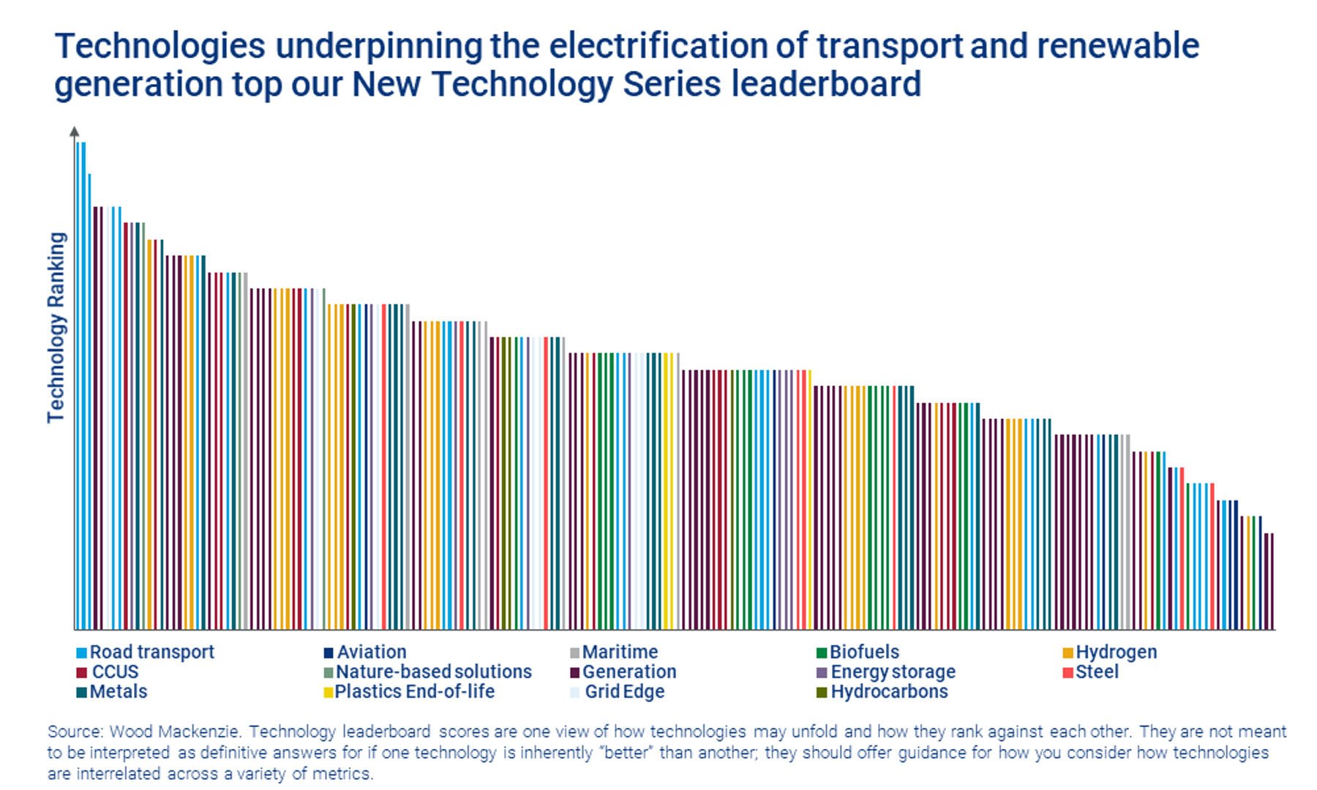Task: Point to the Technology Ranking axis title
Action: tap(56, 327)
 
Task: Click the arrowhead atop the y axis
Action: tap(74, 132)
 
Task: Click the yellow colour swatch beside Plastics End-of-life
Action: tap(329, 692)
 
